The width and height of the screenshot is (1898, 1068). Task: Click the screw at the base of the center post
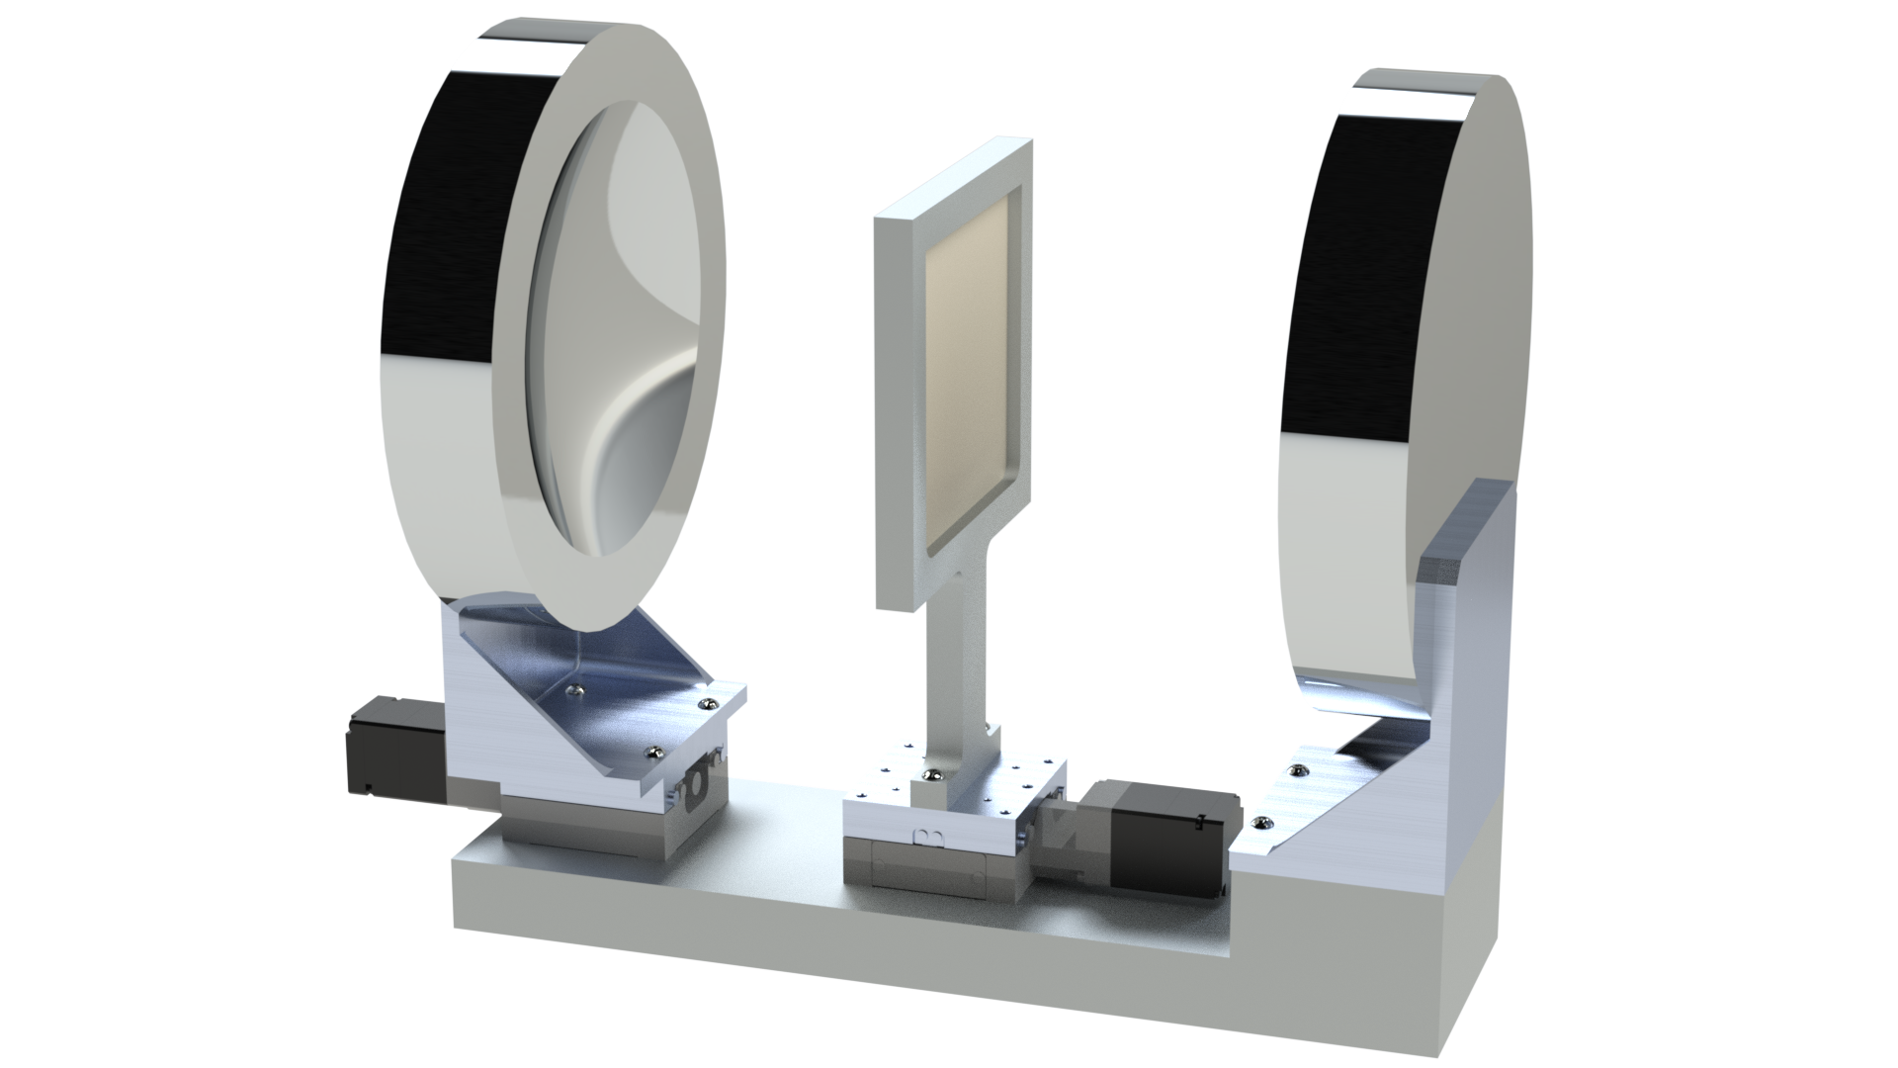click(x=930, y=772)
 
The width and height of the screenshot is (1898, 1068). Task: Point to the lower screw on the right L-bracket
click(x=1260, y=823)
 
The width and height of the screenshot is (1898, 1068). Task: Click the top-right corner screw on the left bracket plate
click(x=705, y=703)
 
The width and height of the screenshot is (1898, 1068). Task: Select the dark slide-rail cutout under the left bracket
click(x=698, y=780)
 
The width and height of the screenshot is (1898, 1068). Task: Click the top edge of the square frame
click(x=954, y=178)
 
